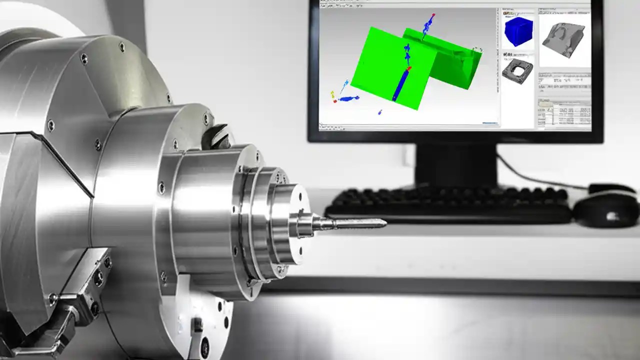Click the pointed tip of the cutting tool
[384, 222]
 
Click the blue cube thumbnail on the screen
[518, 31]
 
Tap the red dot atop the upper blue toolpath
[433, 15]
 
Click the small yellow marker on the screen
[332, 93]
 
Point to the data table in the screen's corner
[564, 112]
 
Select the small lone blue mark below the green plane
[380, 112]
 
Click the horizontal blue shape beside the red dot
[347, 99]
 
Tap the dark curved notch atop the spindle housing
[218, 135]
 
